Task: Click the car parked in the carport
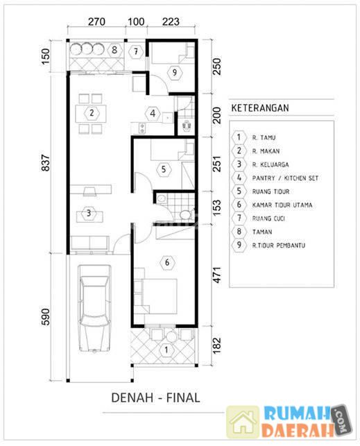94,309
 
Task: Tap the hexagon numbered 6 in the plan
167,262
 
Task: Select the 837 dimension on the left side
46,163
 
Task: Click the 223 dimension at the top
171,22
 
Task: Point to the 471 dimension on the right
216,275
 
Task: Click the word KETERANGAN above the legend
260,108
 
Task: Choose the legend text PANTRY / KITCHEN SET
285,178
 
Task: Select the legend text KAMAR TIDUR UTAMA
282,205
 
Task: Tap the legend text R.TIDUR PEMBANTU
279,245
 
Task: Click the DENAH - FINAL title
155,397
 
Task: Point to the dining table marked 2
91,114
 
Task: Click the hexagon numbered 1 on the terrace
166,350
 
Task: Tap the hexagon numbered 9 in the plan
175,73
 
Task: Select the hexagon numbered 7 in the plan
136,52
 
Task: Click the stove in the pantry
142,128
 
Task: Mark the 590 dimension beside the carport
46,316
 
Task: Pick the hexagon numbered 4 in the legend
239,178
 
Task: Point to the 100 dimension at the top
136,22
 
